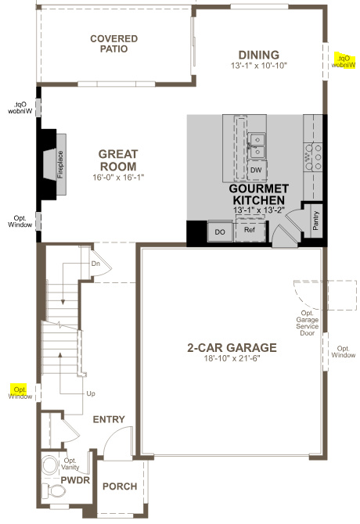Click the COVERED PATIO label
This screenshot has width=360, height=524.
point(113,44)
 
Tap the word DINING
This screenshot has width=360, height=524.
point(259,55)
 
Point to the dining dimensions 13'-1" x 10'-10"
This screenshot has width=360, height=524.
point(259,66)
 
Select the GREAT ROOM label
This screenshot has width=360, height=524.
point(117,160)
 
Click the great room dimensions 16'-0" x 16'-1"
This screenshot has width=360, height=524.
point(117,178)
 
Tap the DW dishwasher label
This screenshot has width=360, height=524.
point(256,170)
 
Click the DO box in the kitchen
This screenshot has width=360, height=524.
point(220,231)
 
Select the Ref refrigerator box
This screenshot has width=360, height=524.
point(250,231)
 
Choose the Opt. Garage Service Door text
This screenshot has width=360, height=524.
point(307,316)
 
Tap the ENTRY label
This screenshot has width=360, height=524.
point(109,420)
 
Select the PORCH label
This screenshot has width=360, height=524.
point(120,486)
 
